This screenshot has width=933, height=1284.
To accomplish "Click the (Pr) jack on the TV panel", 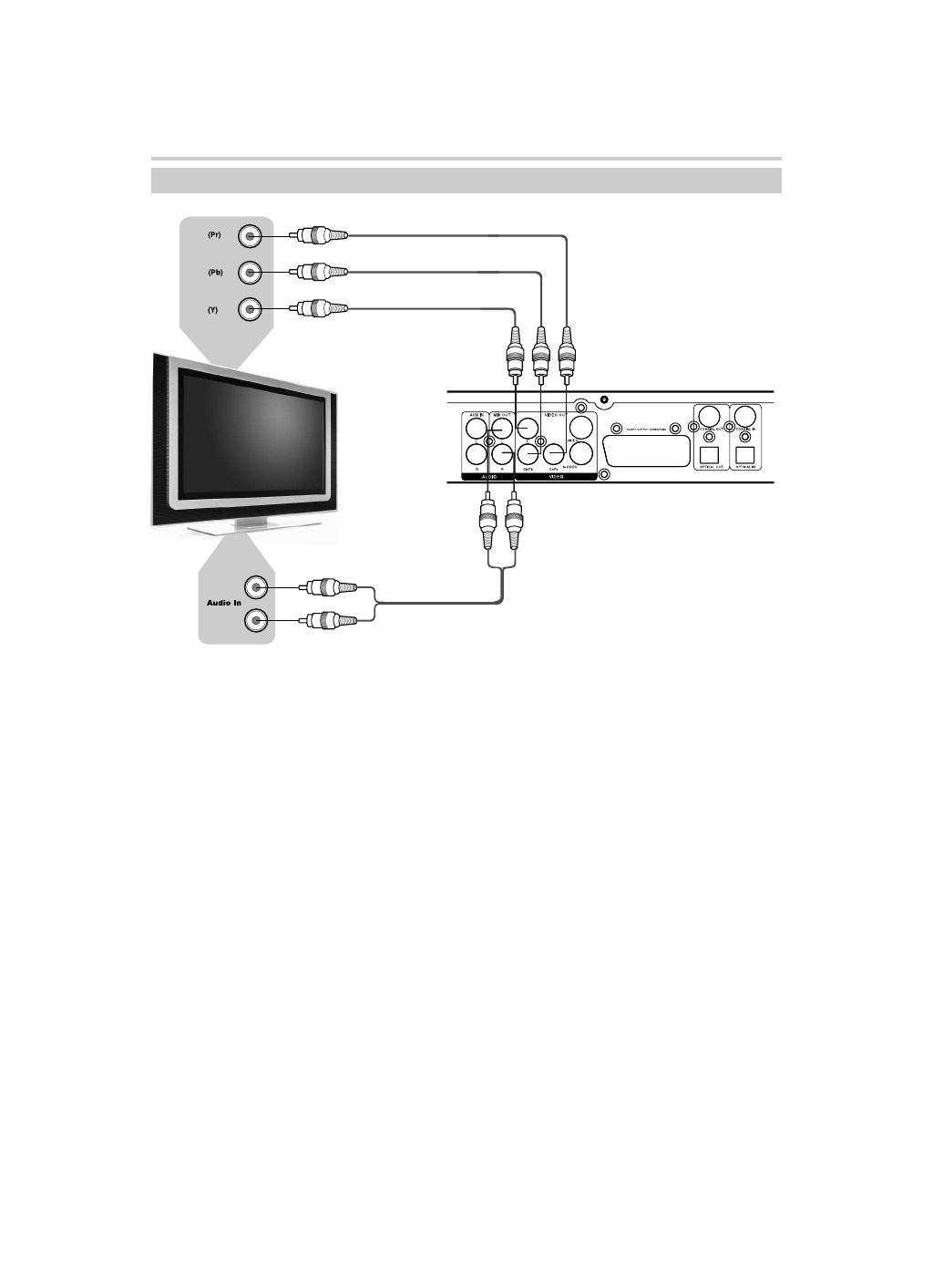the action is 251,237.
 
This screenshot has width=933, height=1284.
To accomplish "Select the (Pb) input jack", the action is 251,272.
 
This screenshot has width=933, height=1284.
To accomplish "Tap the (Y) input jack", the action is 251,309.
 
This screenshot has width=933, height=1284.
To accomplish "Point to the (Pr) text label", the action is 214,235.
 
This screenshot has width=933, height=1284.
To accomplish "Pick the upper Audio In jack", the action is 256,586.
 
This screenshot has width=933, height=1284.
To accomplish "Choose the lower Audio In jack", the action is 256,621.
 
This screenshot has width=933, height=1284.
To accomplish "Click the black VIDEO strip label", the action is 556,476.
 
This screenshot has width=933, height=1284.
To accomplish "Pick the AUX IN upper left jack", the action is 476,427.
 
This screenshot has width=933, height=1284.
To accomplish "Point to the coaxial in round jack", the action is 749,416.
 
